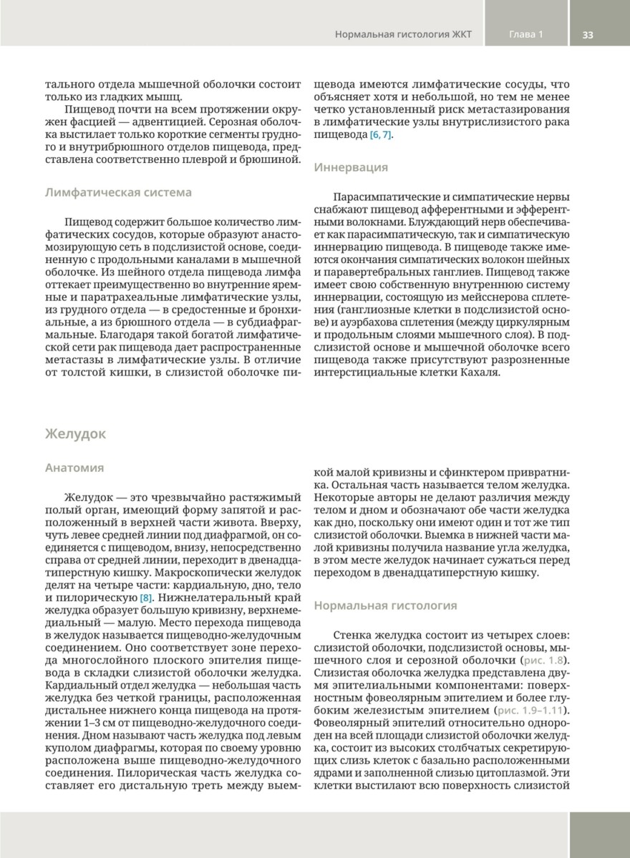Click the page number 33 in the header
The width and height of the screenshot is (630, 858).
[588, 34]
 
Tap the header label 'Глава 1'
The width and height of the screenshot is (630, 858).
[526, 34]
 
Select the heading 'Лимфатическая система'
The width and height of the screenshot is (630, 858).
[118, 192]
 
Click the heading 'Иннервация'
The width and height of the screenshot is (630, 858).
[351, 167]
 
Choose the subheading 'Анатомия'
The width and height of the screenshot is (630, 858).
[74, 468]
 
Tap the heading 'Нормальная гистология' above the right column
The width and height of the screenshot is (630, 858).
[385, 606]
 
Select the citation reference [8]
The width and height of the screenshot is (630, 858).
[146, 596]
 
